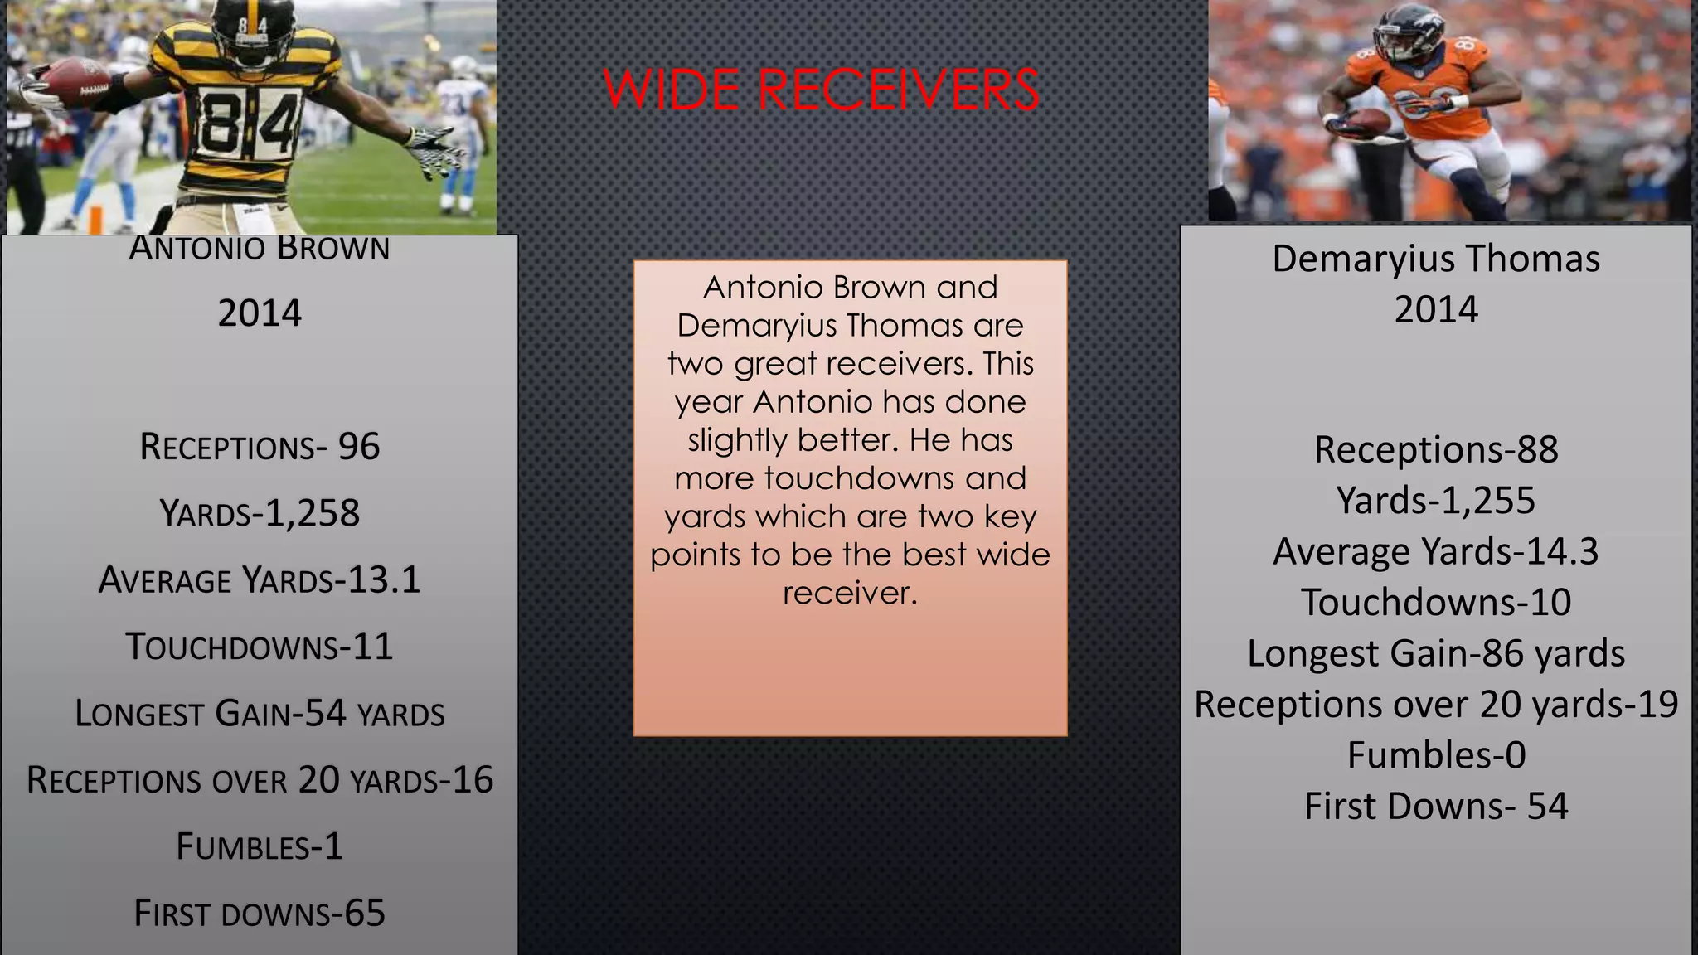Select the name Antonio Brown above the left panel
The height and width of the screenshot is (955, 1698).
260,248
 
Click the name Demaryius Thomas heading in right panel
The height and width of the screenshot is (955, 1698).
1436,259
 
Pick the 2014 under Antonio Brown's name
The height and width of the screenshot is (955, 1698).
260,313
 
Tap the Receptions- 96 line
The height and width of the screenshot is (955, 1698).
260,447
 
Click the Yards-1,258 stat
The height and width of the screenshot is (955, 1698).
260,513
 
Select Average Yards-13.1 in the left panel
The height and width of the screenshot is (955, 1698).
260,580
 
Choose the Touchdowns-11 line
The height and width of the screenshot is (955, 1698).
260,647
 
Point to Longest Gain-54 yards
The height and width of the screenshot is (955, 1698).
260,714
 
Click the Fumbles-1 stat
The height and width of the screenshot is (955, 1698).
260,846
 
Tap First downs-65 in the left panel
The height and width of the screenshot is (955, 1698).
260,914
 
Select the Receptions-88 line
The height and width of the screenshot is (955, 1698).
1436,449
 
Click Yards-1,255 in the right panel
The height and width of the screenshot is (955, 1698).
1436,500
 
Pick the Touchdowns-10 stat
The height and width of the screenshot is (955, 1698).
1436,602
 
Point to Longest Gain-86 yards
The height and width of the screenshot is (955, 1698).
1436,653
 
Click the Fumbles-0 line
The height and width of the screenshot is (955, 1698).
1436,755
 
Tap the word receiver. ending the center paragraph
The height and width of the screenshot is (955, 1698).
850,593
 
